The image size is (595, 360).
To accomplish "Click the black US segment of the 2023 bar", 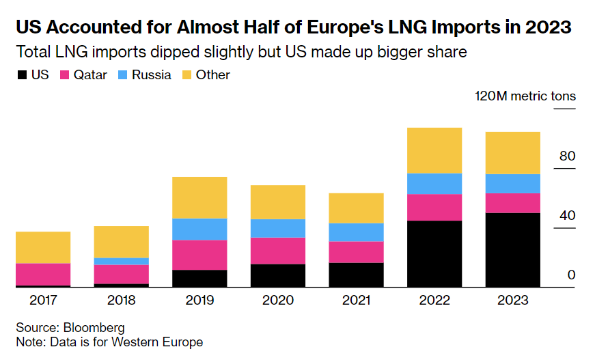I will [x=512, y=250].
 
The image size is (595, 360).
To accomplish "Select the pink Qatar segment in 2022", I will [x=434, y=207].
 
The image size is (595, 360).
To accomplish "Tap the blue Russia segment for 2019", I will [x=199, y=229].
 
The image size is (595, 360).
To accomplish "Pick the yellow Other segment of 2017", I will [x=43, y=247].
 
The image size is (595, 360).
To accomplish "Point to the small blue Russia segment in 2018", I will [x=122, y=261].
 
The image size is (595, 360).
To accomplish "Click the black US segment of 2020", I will [x=278, y=275].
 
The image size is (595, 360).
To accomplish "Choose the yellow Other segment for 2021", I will [x=356, y=208].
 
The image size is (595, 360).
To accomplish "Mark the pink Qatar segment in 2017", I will [x=43, y=274].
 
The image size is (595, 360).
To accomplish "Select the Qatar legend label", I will [x=90, y=75].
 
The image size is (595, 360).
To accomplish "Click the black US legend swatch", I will [x=22, y=75].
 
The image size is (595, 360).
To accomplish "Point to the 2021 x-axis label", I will [x=356, y=300].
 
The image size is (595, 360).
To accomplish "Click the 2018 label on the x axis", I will [x=122, y=300].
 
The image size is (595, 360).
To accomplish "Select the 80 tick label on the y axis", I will [x=567, y=156].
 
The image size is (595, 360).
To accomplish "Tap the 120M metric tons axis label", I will [x=525, y=96].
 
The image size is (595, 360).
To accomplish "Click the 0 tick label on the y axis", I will [x=571, y=275].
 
